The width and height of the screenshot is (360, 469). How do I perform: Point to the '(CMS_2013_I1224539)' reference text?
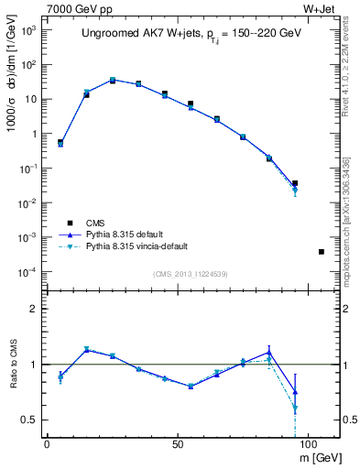pos(191,272)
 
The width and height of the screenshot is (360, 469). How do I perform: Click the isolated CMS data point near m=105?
pos(321,251)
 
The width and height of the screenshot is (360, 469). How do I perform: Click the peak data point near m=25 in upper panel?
pos(113,81)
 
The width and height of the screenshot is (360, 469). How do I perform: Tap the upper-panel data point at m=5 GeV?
pos(60,143)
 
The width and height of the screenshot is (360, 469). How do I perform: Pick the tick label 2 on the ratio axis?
pos(34,309)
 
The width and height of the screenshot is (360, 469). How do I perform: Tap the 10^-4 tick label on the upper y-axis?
pos(27,272)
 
